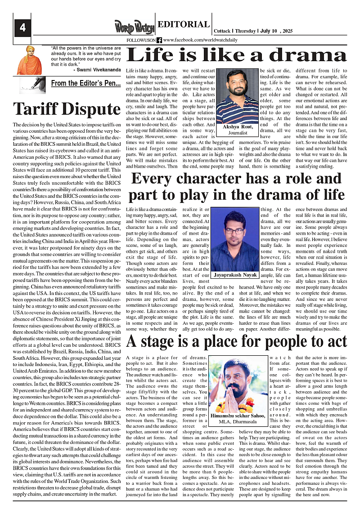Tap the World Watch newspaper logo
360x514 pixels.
pyautogui.click(x=135, y=27)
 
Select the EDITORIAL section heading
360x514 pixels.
pyautogui.click(x=184, y=25)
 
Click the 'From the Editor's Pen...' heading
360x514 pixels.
pyautogui.click(x=85, y=83)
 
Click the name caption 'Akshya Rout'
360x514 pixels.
pyautogui.click(x=238, y=127)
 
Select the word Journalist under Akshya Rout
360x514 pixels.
pyautogui.click(x=238, y=133)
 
